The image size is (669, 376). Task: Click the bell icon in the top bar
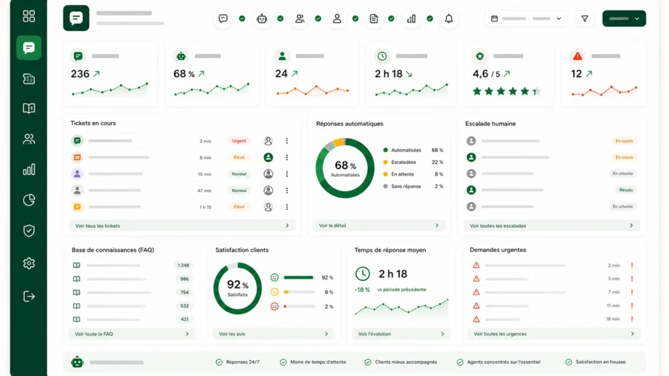click(x=449, y=19)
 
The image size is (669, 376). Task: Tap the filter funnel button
click(x=585, y=19)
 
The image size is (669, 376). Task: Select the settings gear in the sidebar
click(x=29, y=263)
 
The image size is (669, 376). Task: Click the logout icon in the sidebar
click(x=29, y=296)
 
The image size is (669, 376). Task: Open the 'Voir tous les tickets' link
click(x=98, y=226)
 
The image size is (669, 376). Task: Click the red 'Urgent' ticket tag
click(x=239, y=141)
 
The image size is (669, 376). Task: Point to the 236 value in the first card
click(x=80, y=74)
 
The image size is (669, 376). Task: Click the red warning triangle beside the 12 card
click(x=578, y=56)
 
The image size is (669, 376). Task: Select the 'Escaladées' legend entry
click(x=403, y=162)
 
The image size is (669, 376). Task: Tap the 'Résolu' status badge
click(x=626, y=190)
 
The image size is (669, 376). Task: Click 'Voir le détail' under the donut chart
click(x=333, y=225)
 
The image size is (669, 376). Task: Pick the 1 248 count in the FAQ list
click(x=184, y=265)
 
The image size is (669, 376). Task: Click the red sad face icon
click(x=274, y=306)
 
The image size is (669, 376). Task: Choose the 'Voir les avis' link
click(x=232, y=334)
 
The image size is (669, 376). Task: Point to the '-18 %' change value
click(x=362, y=289)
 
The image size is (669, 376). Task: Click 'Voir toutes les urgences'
click(x=500, y=334)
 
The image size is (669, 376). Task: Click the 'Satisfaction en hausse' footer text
click(x=600, y=362)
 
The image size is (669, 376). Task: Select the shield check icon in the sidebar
click(x=29, y=230)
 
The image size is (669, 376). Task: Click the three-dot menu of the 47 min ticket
click(x=287, y=191)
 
